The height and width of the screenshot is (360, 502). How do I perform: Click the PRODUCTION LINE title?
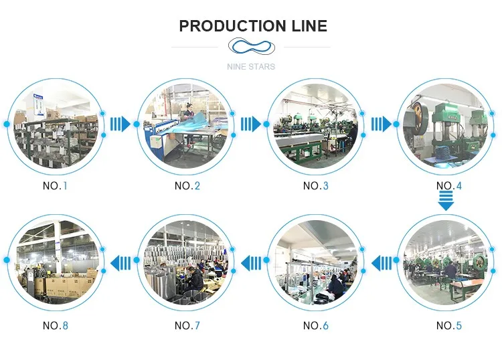pos(253,26)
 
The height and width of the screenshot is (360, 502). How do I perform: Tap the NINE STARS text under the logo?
pos(250,67)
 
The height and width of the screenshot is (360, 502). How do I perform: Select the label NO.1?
pos(56,185)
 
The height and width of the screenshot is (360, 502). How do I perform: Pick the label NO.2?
pos(187,185)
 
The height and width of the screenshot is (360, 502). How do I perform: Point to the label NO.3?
pos(316,185)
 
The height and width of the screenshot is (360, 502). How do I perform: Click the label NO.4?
pos(449,185)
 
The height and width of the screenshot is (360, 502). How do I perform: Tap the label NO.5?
pos(449,326)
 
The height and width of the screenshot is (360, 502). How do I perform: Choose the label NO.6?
pos(316,326)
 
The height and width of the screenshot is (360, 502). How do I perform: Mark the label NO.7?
pos(187,326)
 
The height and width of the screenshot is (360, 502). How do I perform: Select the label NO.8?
pos(56,326)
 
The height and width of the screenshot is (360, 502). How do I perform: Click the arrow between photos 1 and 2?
pos(120,124)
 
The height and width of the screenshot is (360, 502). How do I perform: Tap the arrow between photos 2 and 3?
pos(250,124)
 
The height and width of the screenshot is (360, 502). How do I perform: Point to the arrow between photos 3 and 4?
pos(381,124)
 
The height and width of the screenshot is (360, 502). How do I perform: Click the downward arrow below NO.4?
pos(446,200)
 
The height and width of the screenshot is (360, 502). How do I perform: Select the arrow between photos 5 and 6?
pos(382,263)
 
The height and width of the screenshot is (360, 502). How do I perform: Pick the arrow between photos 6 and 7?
pos(251,263)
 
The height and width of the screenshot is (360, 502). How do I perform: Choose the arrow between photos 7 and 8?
pos(120,263)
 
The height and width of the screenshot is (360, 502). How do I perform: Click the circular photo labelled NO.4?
pos(446,126)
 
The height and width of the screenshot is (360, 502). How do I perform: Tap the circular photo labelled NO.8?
pos(56,263)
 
